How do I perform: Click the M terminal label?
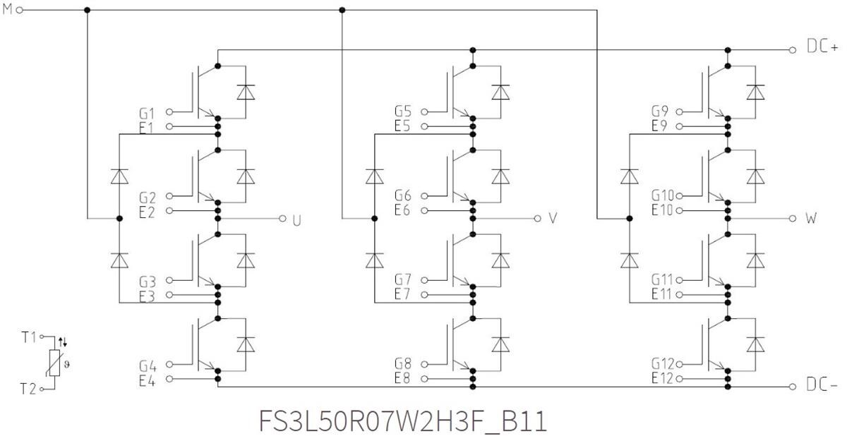(7, 10)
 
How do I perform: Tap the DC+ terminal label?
(822, 49)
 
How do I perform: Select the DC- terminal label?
(822, 386)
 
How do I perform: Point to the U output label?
(296, 219)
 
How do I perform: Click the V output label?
(553, 219)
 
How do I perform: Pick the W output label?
(811, 219)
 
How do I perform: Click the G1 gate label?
(148, 113)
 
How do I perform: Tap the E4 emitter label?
(148, 380)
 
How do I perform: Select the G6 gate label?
(403, 195)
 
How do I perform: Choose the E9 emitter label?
(660, 126)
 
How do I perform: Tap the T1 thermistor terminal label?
(28, 337)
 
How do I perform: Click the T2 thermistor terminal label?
(28, 389)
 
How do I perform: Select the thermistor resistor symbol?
(55, 363)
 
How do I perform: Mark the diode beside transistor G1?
(246, 92)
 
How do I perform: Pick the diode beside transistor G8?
(500, 344)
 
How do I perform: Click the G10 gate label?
(663, 195)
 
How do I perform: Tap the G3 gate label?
(148, 281)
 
